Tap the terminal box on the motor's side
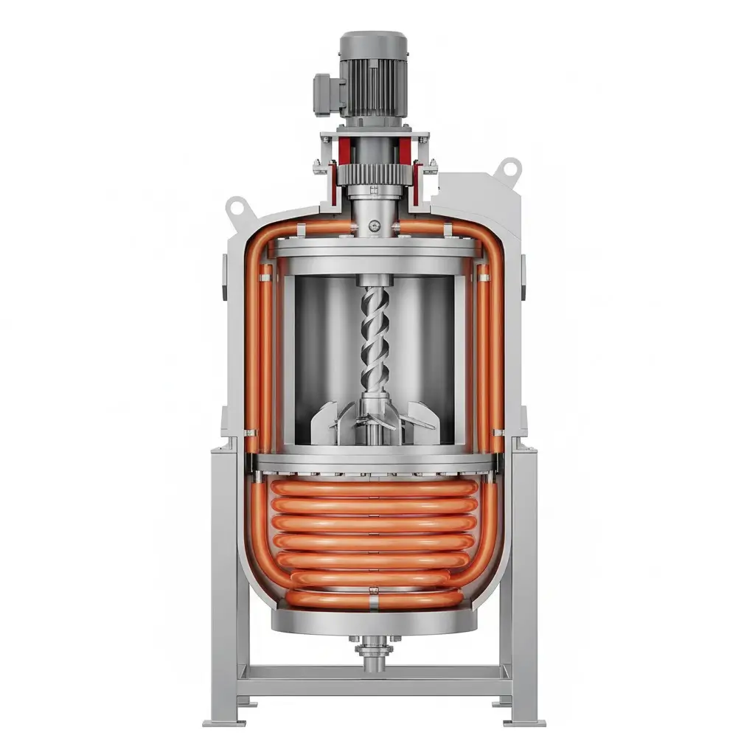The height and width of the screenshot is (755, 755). tap(325, 94)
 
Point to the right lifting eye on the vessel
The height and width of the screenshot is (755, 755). tap(508, 169)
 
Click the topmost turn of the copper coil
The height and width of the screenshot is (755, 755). tap(374, 488)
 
